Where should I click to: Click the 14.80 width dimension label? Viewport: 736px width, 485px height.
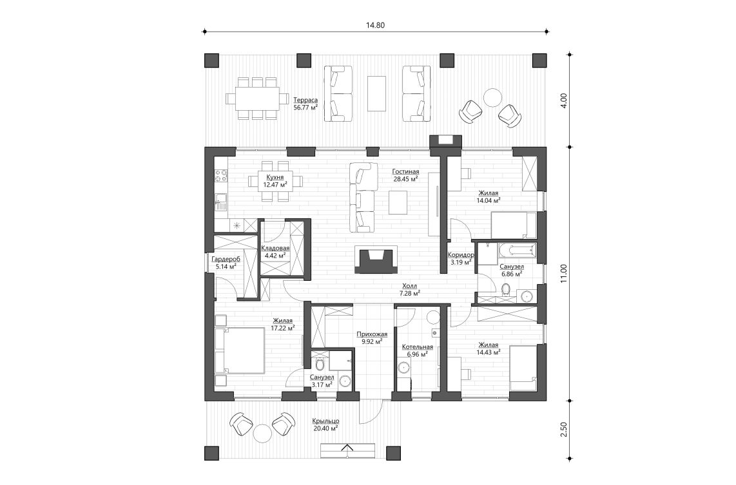pos(375,25)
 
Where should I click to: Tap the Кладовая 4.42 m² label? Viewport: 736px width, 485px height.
pos(275,251)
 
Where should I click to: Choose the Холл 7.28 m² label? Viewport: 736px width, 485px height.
pos(409,289)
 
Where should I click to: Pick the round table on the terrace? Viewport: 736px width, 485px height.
pos(493,97)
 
